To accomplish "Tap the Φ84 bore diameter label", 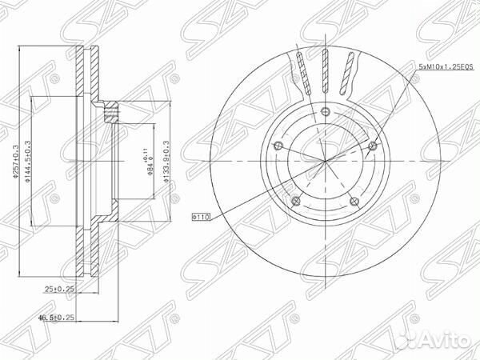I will [x=147, y=166].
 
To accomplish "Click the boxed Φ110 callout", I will [x=200, y=216].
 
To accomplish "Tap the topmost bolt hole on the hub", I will [x=326, y=112].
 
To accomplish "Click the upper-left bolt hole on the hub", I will [x=278, y=146].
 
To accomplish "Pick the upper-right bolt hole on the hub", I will [x=372, y=145].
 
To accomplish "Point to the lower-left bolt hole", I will [x=296, y=201].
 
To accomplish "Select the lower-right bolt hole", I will [x=354, y=201].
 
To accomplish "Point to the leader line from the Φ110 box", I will [x=248, y=200].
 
